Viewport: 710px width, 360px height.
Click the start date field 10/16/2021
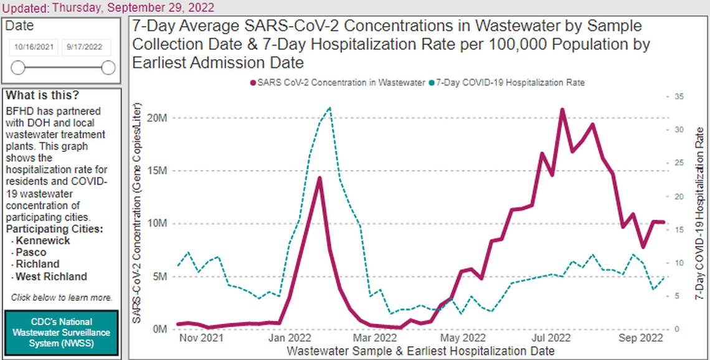pyautogui.click(x=32, y=47)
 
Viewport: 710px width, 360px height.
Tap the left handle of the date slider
pyautogui.click(x=18, y=67)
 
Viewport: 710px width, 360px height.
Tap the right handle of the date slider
pyautogui.click(x=108, y=67)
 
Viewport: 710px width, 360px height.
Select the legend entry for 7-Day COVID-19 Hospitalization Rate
pyautogui.click(x=510, y=82)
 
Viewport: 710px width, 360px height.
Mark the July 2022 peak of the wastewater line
pyautogui.click(x=562, y=110)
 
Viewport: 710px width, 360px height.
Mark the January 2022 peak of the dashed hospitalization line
pyautogui.click(x=329, y=108)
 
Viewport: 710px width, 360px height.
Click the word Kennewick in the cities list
pyautogui.click(x=43, y=241)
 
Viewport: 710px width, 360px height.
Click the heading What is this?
pyautogui.click(x=42, y=95)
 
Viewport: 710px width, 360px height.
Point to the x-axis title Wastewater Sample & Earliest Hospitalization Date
pyautogui.click(x=420, y=351)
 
